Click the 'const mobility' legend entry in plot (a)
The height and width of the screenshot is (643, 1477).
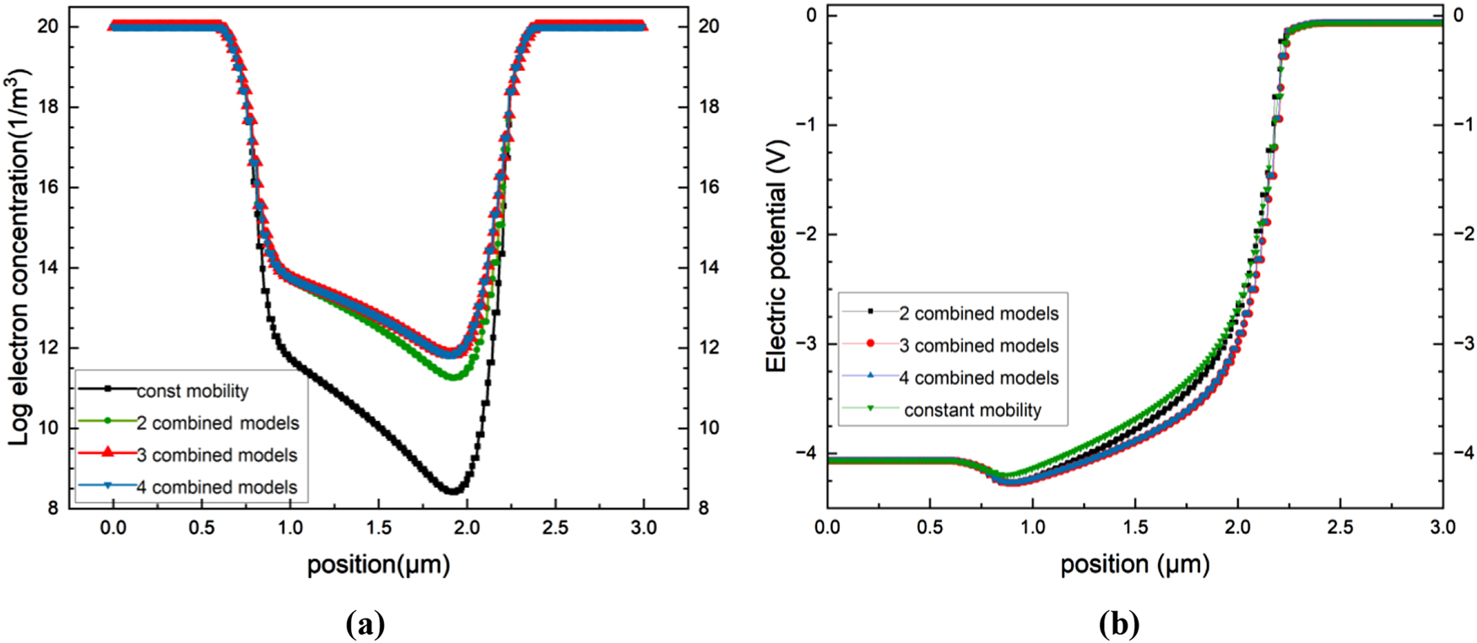pos(192,391)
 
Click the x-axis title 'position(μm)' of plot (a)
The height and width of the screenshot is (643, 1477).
pos(378,564)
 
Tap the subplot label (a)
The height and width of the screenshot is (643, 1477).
pos(365,624)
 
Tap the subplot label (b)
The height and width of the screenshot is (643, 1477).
pos(1119,624)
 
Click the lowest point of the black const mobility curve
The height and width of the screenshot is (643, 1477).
pos(453,491)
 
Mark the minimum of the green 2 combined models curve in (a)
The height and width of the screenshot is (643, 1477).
pos(453,377)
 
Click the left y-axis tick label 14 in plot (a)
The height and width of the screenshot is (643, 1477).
pos(47,267)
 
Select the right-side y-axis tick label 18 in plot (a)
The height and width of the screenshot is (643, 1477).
pos(709,107)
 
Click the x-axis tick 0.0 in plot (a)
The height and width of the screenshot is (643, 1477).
pos(112,528)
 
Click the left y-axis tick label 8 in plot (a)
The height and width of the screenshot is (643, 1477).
pos(52,508)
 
